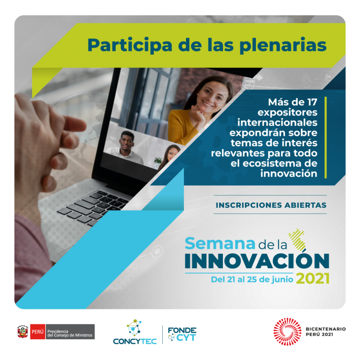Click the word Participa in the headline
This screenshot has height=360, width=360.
pos(130,45)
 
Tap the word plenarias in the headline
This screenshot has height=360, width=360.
pos(283,45)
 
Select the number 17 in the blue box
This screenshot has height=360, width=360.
pos(312,102)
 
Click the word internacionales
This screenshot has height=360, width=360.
pos(277,122)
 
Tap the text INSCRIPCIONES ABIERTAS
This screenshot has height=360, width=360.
pos(271,205)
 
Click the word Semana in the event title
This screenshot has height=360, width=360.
pos(220,243)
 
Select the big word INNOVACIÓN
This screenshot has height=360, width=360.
pos(257,261)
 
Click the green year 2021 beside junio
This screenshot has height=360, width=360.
pos(313,279)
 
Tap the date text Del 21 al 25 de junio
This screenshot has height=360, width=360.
pos(252,280)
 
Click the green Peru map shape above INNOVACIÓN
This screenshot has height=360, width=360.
pos(297,240)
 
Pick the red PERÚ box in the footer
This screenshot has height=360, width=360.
pos(37,332)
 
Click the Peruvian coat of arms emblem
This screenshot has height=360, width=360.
pos(23,332)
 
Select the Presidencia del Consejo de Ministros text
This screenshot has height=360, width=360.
pos(70,333)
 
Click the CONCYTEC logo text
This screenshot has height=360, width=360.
pos(135,341)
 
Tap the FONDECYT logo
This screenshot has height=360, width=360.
pos(182,334)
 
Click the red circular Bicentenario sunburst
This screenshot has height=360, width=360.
pos(287,332)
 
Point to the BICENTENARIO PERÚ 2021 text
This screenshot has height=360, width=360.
pos(325,332)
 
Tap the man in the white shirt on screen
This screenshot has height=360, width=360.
pos(125,147)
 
